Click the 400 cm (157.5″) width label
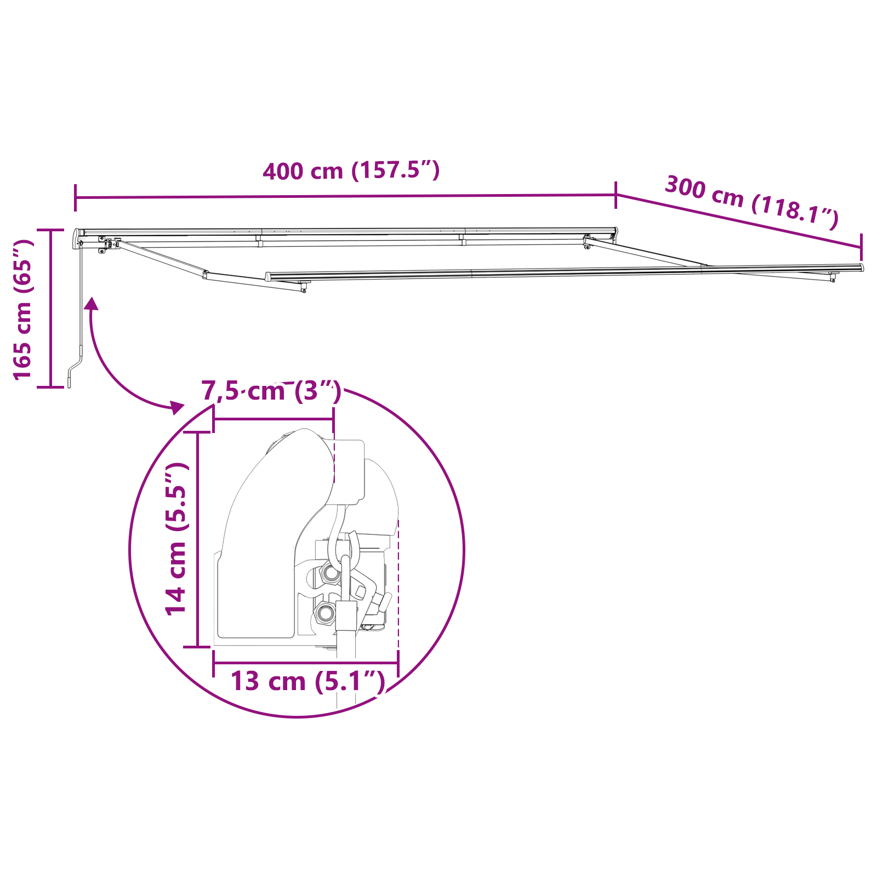click(x=351, y=170)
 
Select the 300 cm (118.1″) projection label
click(x=751, y=202)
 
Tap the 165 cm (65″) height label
click(x=23, y=309)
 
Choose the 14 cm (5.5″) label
click(x=177, y=539)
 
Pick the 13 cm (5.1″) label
click(x=307, y=681)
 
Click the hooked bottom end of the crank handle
click(x=70, y=381)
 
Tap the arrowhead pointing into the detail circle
click(x=176, y=407)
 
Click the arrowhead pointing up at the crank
click(x=92, y=303)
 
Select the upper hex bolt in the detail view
click(x=331, y=573)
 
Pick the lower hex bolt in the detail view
click(x=324, y=612)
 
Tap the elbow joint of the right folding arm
click(x=704, y=267)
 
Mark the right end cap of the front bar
click(x=861, y=267)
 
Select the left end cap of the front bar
click(x=268, y=277)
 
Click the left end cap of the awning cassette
click(x=76, y=238)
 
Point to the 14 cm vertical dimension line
click(x=198, y=539)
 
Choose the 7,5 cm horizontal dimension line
click(x=273, y=419)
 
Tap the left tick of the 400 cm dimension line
click(x=76, y=198)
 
